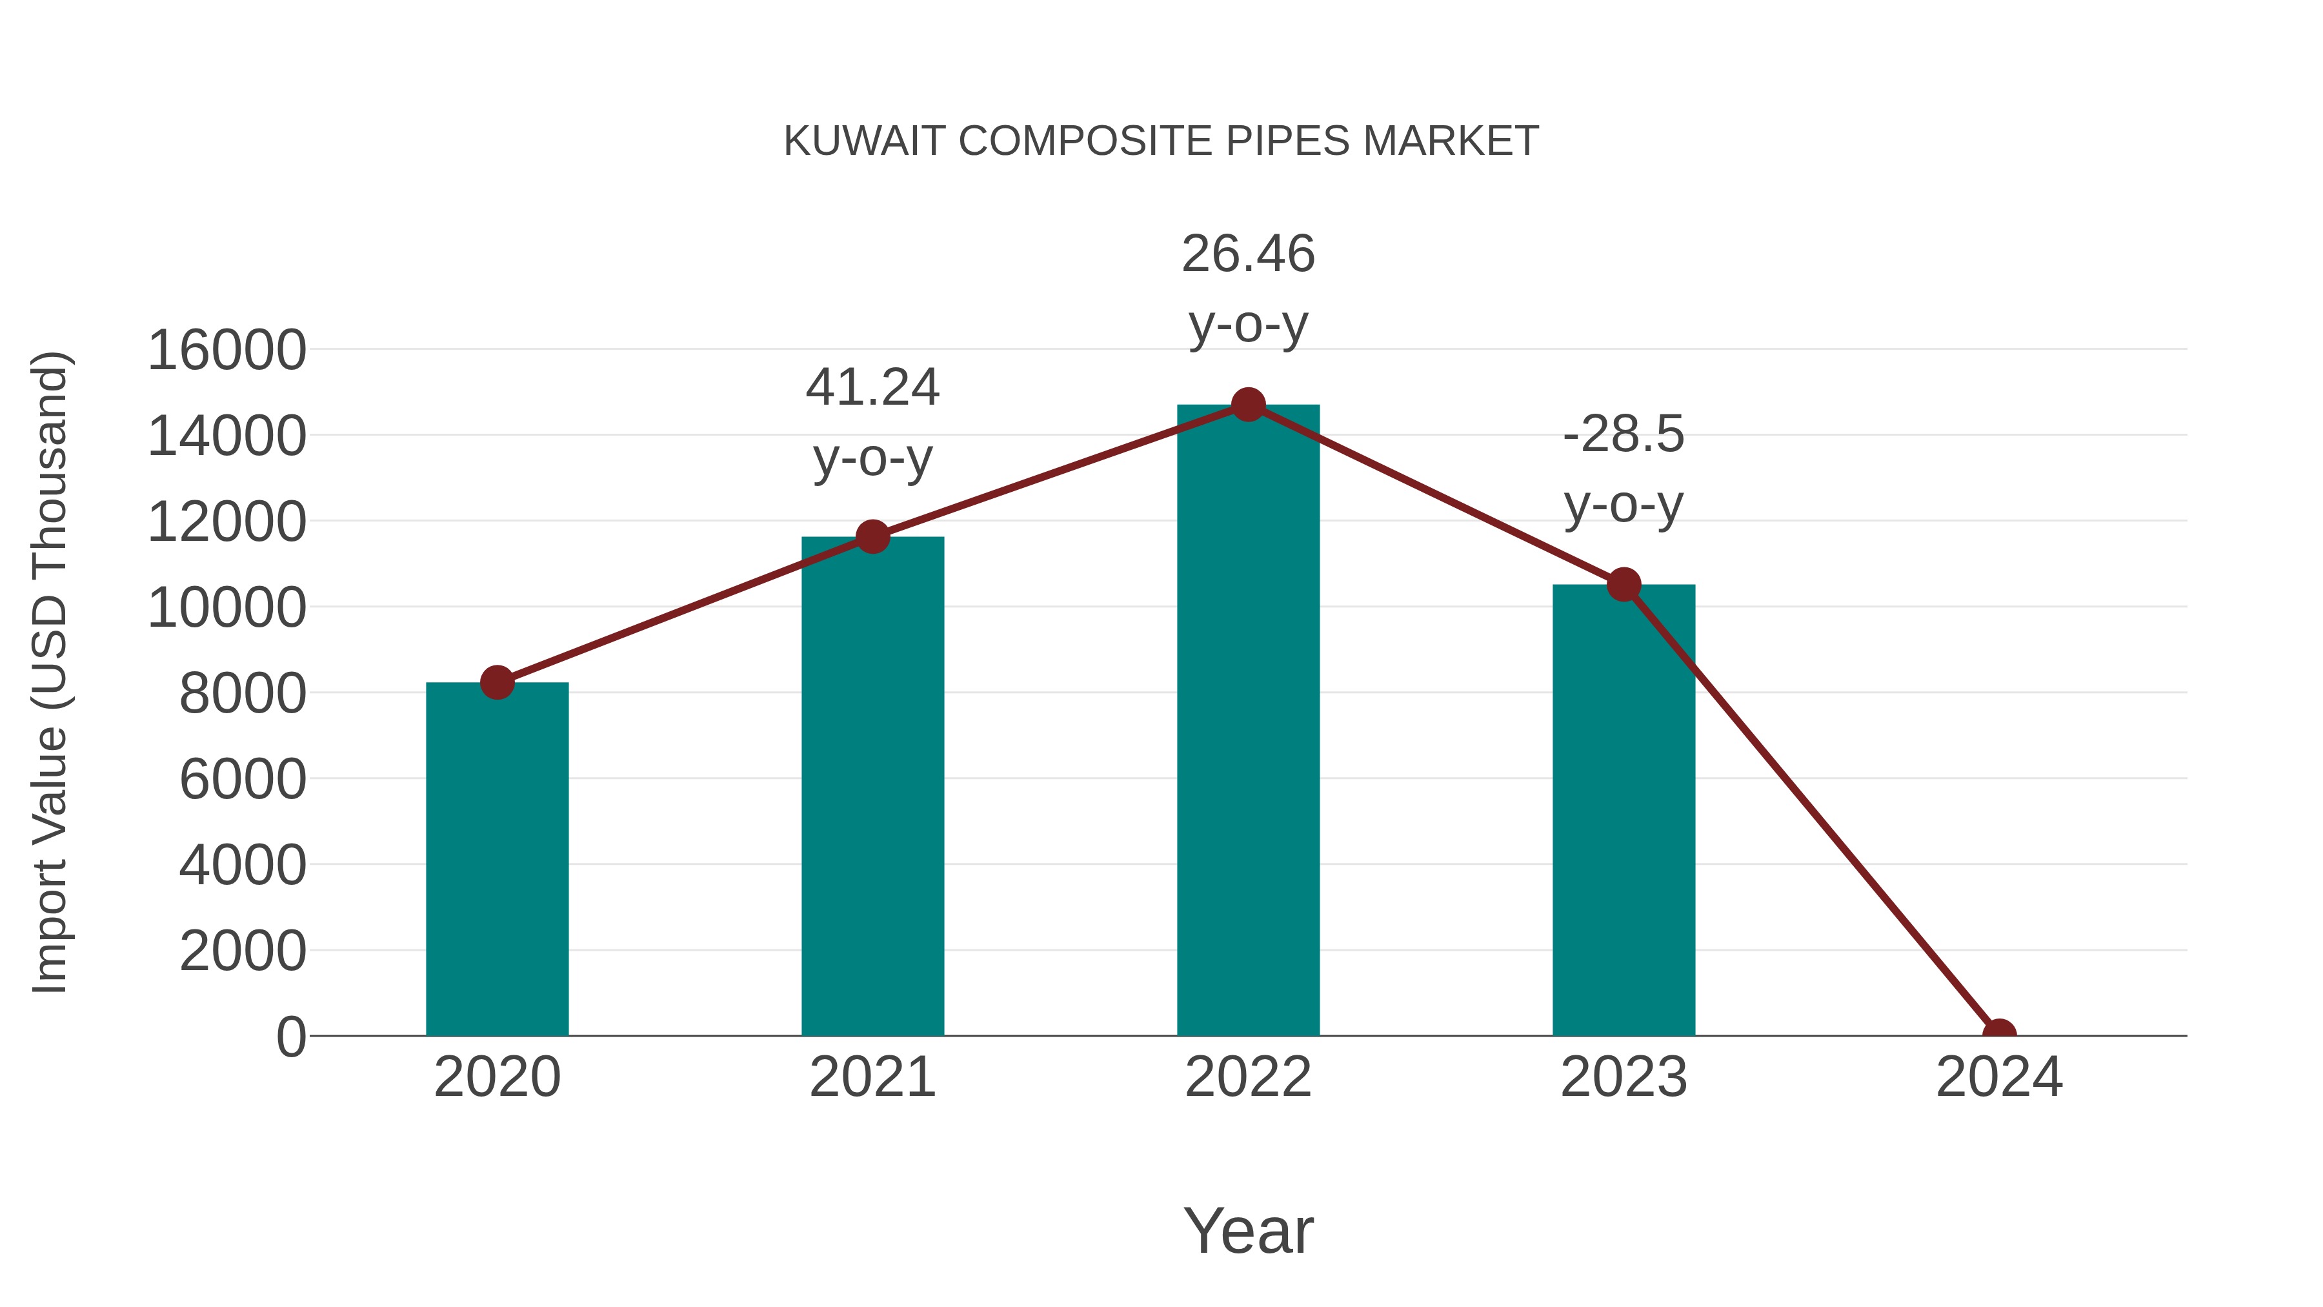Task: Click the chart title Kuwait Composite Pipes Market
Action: [1161, 141]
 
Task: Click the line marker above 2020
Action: [497, 683]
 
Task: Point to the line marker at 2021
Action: [872, 537]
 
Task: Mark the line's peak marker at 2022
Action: [1248, 405]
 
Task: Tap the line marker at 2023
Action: [1624, 585]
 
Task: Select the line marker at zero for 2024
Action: [1998, 1034]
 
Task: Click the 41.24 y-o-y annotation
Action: [872, 422]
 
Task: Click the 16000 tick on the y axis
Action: [226, 351]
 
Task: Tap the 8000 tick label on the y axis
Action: [243, 694]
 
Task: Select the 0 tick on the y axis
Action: [290, 1037]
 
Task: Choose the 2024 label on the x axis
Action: [1998, 1078]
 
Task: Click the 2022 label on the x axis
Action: [1248, 1078]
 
